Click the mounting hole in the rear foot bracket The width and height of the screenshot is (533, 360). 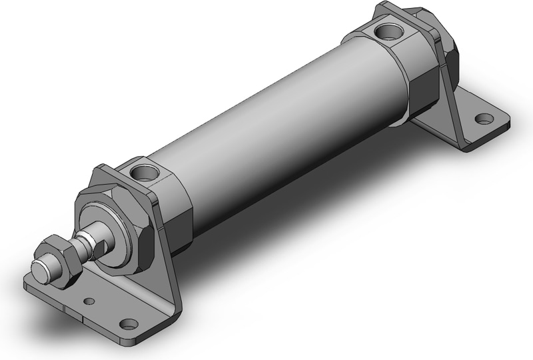tap(481, 121)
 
